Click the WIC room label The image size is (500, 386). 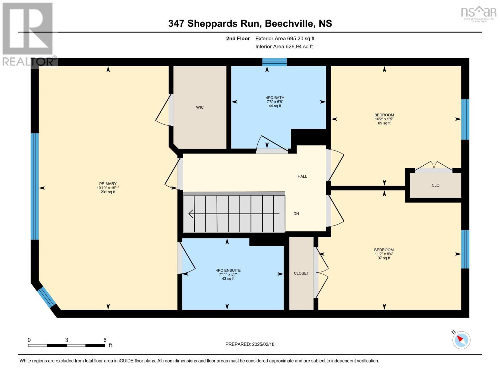[x=200, y=107]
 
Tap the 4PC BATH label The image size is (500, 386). [x=275, y=98]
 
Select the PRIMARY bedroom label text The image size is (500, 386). [x=108, y=184]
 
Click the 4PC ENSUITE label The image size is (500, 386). [x=228, y=271]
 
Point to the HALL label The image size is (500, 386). [x=302, y=176]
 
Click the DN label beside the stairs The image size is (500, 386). [x=296, y=214]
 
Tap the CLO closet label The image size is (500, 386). [x=435, y=185]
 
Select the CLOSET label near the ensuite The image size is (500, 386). [x=301, y=273]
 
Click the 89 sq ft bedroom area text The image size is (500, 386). [x=384, y=123]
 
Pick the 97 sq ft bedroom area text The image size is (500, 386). [x=384, y=258]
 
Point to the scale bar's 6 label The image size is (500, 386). [x=105, y=340]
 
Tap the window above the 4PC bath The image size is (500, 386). [x=274, y=62]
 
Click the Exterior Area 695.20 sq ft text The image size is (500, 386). [x=285, y=39]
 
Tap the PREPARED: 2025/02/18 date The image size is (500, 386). [x=250, y=344]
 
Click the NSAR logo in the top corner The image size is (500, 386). [x=478, y=13]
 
